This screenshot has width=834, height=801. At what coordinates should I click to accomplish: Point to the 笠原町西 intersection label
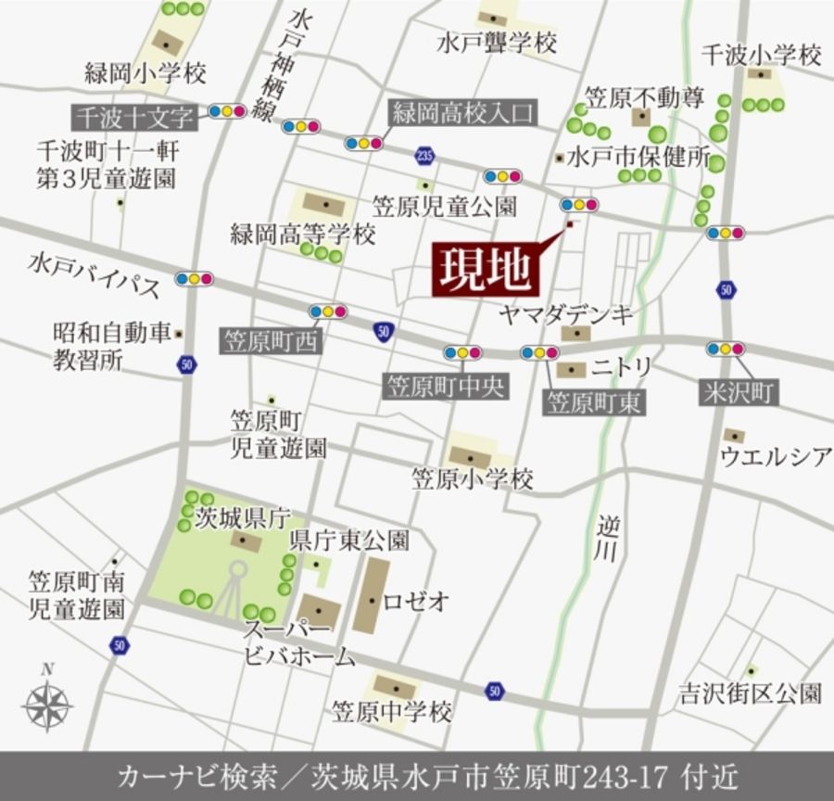270,341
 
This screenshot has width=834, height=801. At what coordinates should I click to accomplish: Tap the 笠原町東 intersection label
595,403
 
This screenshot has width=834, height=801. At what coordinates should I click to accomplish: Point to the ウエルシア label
776,456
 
